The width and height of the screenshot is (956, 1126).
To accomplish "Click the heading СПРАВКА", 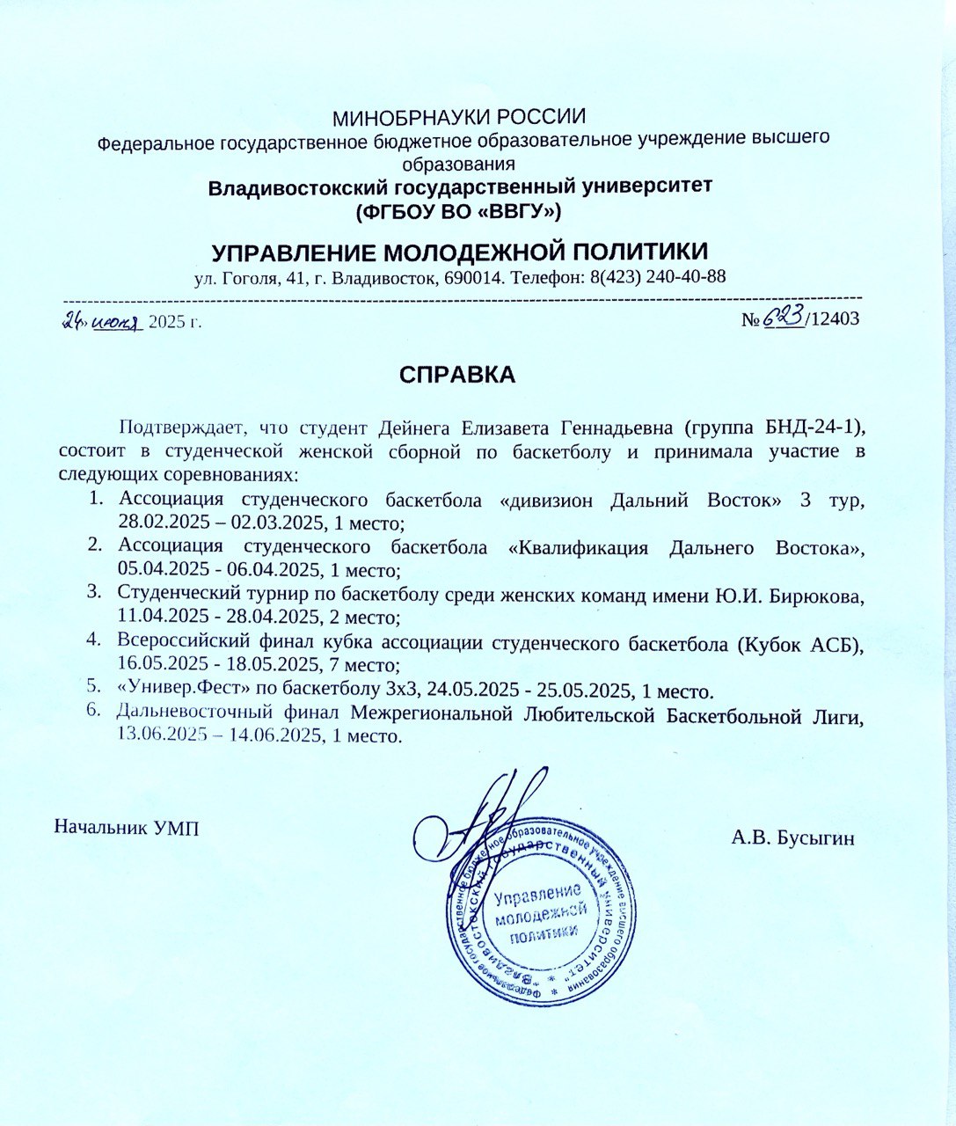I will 456,374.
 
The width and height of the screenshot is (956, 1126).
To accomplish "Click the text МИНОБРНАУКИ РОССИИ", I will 460,117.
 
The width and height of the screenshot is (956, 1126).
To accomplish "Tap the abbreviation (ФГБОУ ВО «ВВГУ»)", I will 458,211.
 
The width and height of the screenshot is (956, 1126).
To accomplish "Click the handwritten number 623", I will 784,318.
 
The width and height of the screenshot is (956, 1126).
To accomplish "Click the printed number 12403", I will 835,319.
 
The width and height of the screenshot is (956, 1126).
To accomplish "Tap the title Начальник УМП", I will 127,827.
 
